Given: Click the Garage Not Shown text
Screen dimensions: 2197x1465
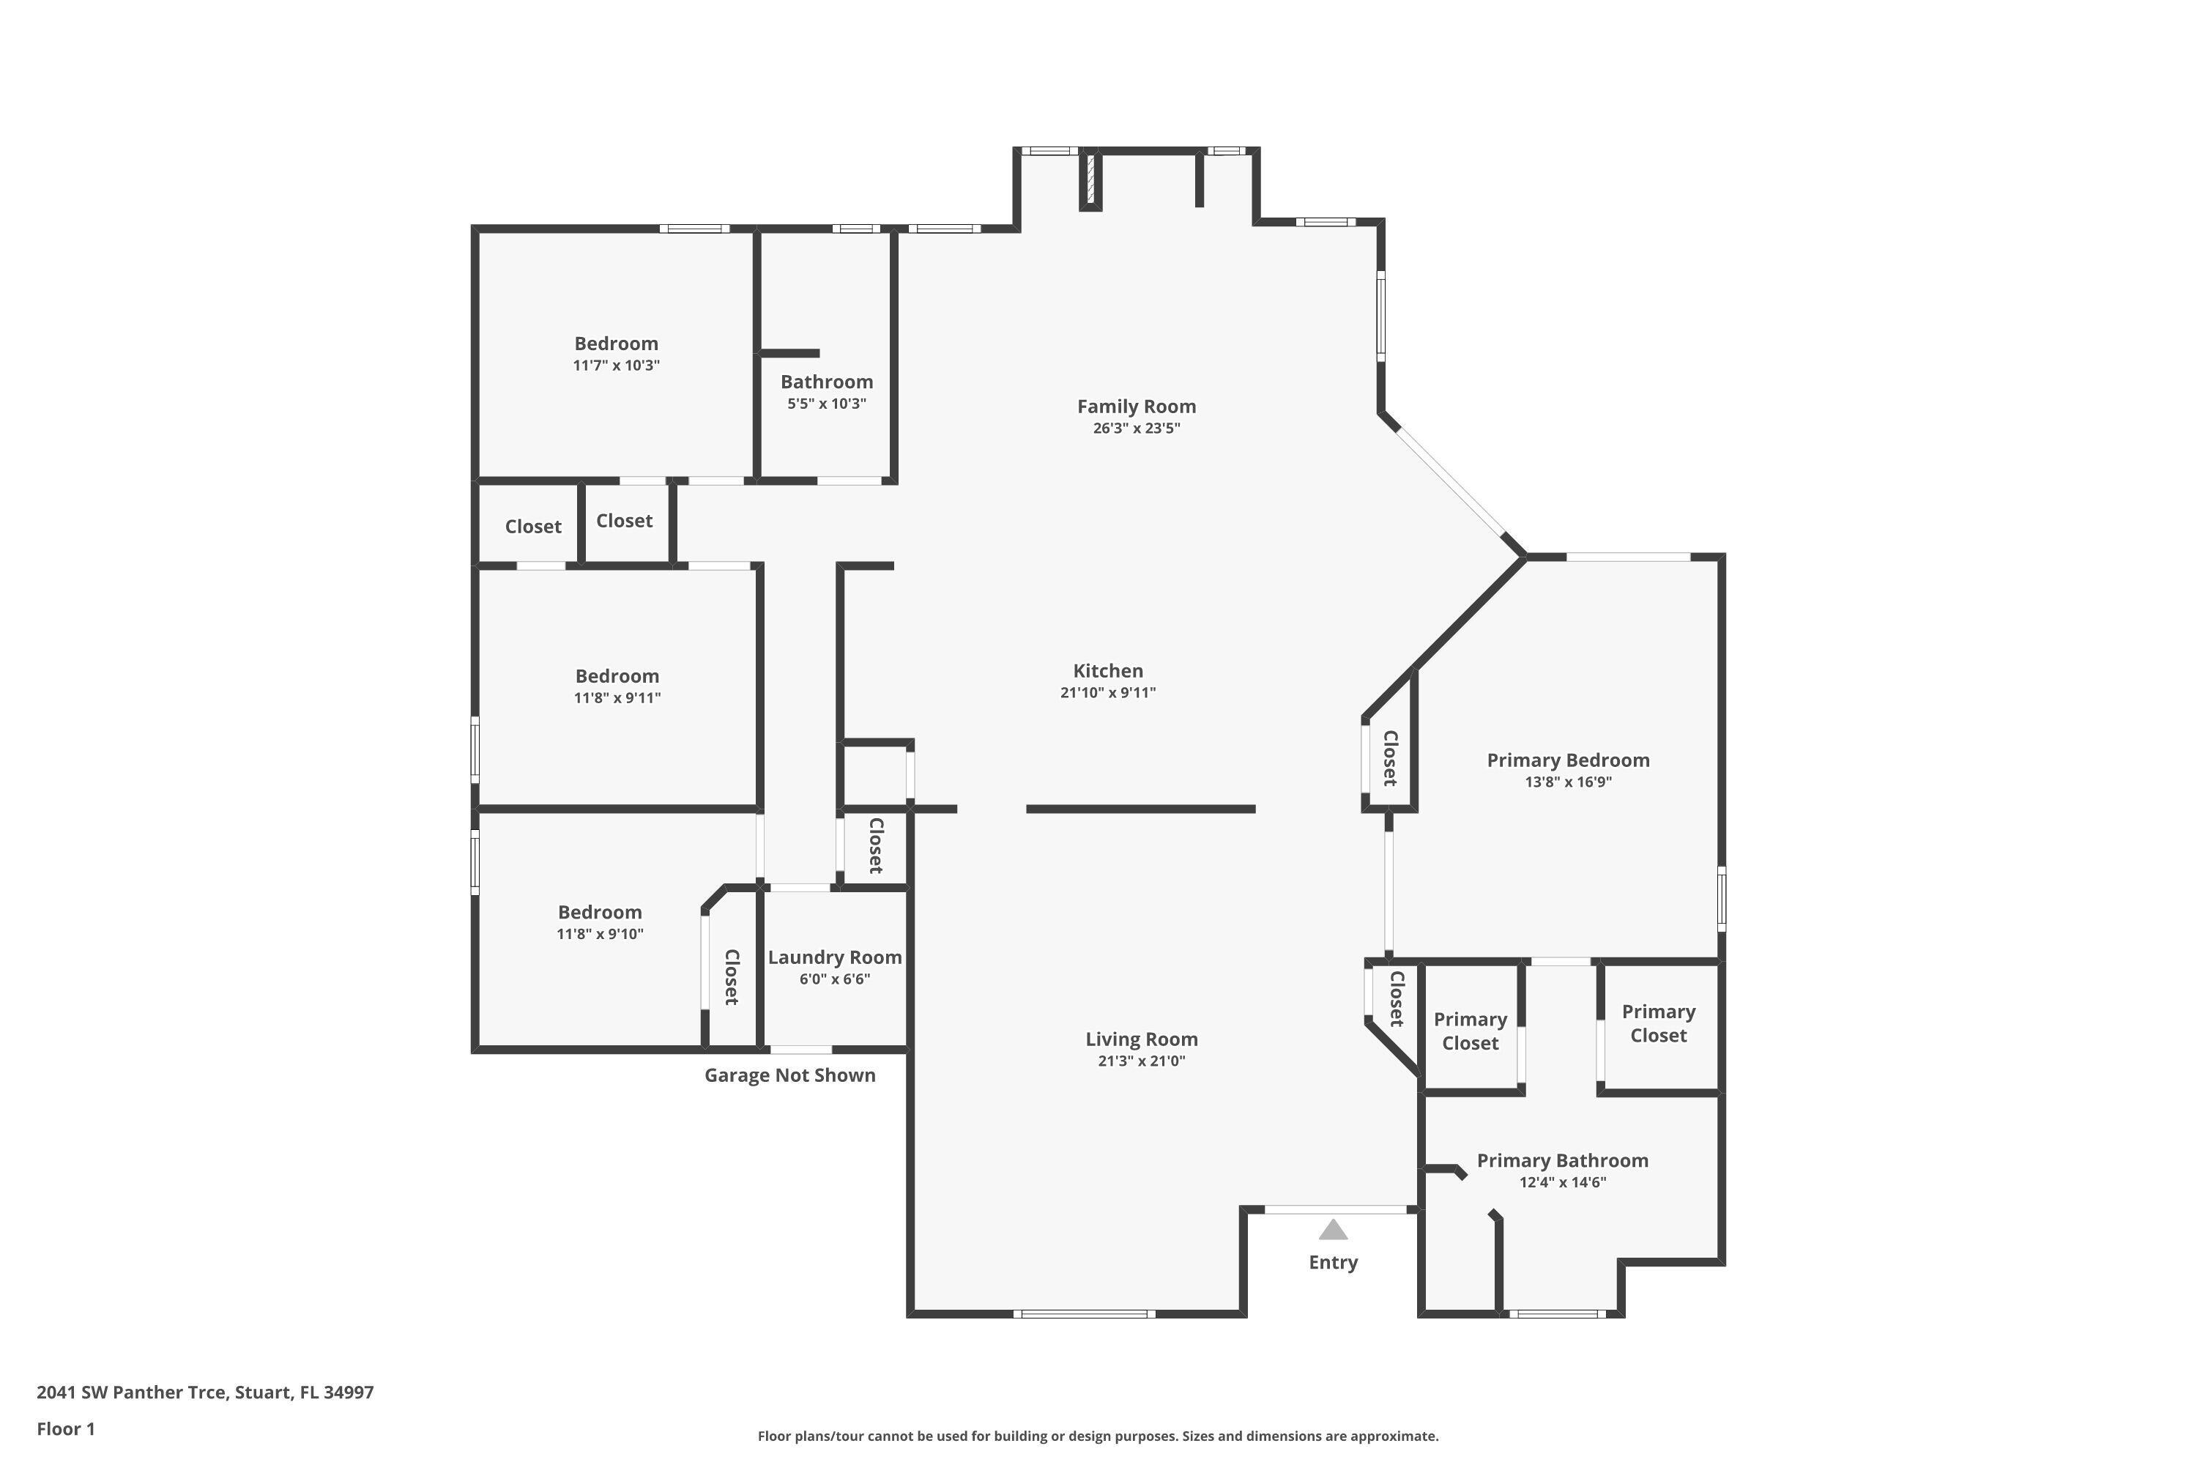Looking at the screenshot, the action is tap(790, 1075).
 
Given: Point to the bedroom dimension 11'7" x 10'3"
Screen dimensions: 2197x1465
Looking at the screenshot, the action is tap(617, 366).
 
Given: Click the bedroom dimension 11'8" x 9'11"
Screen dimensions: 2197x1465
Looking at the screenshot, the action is tap(617, 698).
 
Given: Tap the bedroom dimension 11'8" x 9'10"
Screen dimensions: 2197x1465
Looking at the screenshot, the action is tap(601, 935).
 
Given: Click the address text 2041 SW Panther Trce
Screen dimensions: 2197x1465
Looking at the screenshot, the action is tap(132, 1392).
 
